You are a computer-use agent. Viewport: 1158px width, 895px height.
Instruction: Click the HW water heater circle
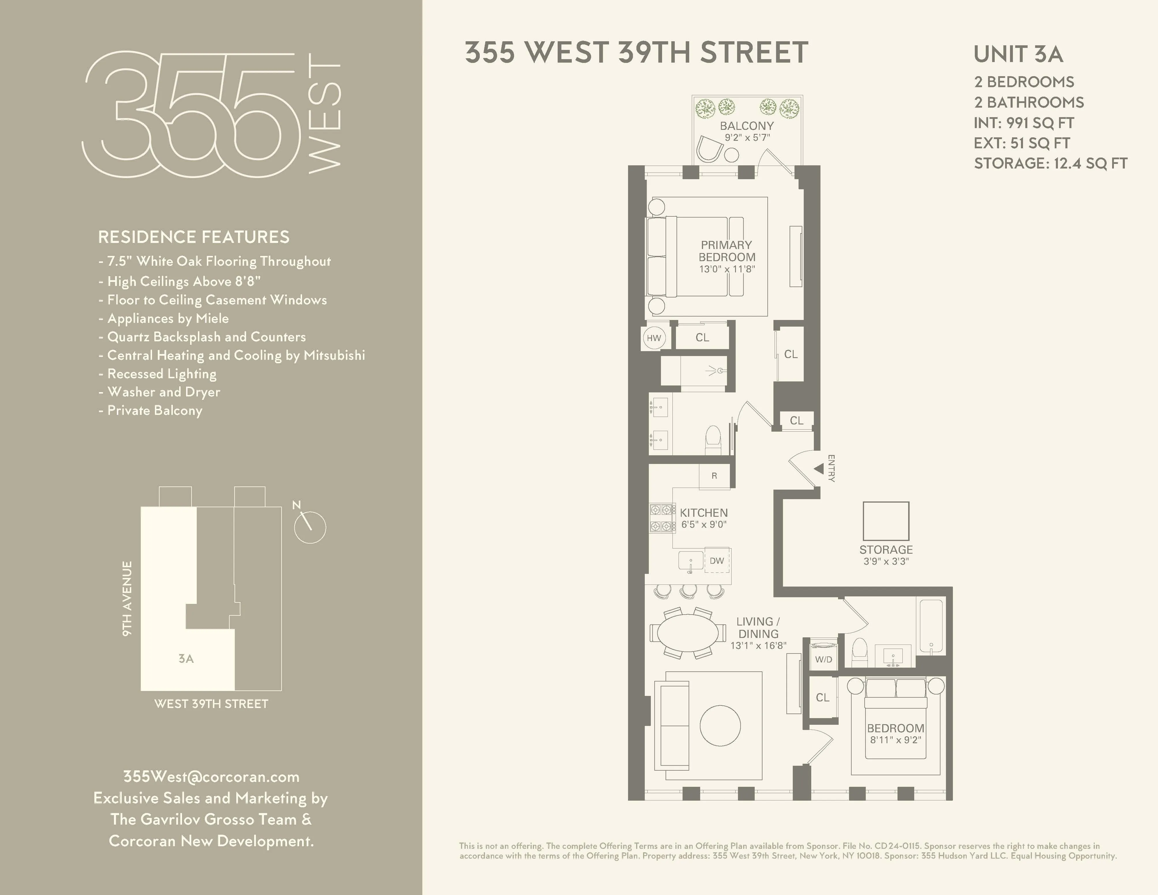point(654,338)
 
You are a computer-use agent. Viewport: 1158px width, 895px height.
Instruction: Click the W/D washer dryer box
point(823,659)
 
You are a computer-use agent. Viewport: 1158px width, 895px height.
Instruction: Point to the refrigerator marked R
point(714,475)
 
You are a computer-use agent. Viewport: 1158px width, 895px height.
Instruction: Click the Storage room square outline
point(886,521)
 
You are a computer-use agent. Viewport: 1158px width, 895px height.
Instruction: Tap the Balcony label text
point(747,126)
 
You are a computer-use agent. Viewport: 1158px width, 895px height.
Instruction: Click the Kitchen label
point(704,513)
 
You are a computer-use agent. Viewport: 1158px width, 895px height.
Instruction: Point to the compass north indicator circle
point(310,527)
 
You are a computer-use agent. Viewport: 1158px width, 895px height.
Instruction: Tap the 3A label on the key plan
point(186,658)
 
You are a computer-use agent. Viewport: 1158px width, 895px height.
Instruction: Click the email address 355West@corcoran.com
point(211,777)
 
